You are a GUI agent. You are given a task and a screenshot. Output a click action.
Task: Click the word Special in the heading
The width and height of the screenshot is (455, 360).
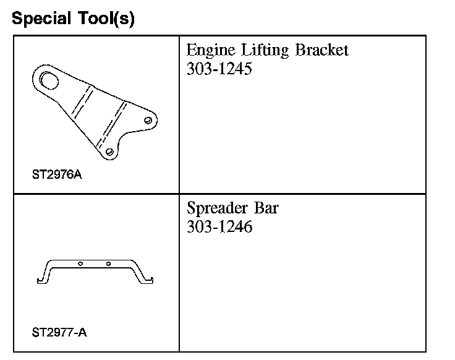tap(41, 19)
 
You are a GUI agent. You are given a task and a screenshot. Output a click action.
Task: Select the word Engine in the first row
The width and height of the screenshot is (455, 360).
tap(211, 51)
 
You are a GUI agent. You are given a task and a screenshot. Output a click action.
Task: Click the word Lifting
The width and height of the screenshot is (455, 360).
tap(265, 51)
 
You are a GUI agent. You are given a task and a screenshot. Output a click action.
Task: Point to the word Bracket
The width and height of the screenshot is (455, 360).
tap(322, 50)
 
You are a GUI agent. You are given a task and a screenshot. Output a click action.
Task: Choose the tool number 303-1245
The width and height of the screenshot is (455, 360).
tap(219, 69)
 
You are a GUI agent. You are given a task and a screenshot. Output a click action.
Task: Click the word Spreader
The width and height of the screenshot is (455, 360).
tap(218, 208)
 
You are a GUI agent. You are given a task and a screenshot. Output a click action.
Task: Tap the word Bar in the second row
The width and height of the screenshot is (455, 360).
tap(266, 208)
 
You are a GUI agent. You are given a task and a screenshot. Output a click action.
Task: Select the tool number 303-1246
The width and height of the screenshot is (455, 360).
tap(219, 227)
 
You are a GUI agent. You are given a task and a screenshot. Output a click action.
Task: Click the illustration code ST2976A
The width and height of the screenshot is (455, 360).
tap(57, 175)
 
